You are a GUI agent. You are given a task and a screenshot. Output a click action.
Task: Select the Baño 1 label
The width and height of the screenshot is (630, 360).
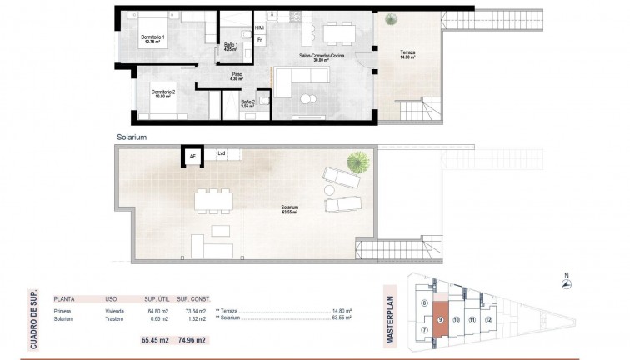231,47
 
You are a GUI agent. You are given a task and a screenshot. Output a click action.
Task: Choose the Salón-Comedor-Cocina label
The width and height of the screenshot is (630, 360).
317,57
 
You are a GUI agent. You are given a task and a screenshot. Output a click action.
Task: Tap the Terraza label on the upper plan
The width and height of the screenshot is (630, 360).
406,54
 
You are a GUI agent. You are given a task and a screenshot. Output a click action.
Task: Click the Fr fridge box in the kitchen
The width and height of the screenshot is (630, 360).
260,39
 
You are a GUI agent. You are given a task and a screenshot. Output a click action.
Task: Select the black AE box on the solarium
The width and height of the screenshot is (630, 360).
193,154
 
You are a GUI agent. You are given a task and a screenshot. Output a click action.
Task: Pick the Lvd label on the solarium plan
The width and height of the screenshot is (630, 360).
221,153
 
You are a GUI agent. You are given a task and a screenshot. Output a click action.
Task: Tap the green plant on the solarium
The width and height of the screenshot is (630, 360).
357,160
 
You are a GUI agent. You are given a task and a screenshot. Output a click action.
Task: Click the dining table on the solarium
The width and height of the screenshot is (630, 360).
213,200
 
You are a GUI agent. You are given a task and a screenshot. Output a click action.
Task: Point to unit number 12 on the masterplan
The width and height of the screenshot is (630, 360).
489,318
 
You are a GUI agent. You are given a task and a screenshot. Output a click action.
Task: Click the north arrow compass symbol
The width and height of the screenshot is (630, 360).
566,285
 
